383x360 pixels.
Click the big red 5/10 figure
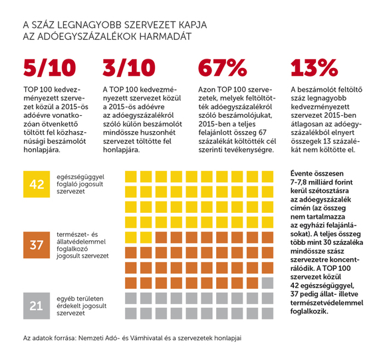[x=50, y=69]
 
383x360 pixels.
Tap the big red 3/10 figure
[x=129, y=69]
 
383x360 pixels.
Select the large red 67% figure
[x=222, y=69]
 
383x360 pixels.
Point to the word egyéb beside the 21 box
[x=65, y=299]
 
